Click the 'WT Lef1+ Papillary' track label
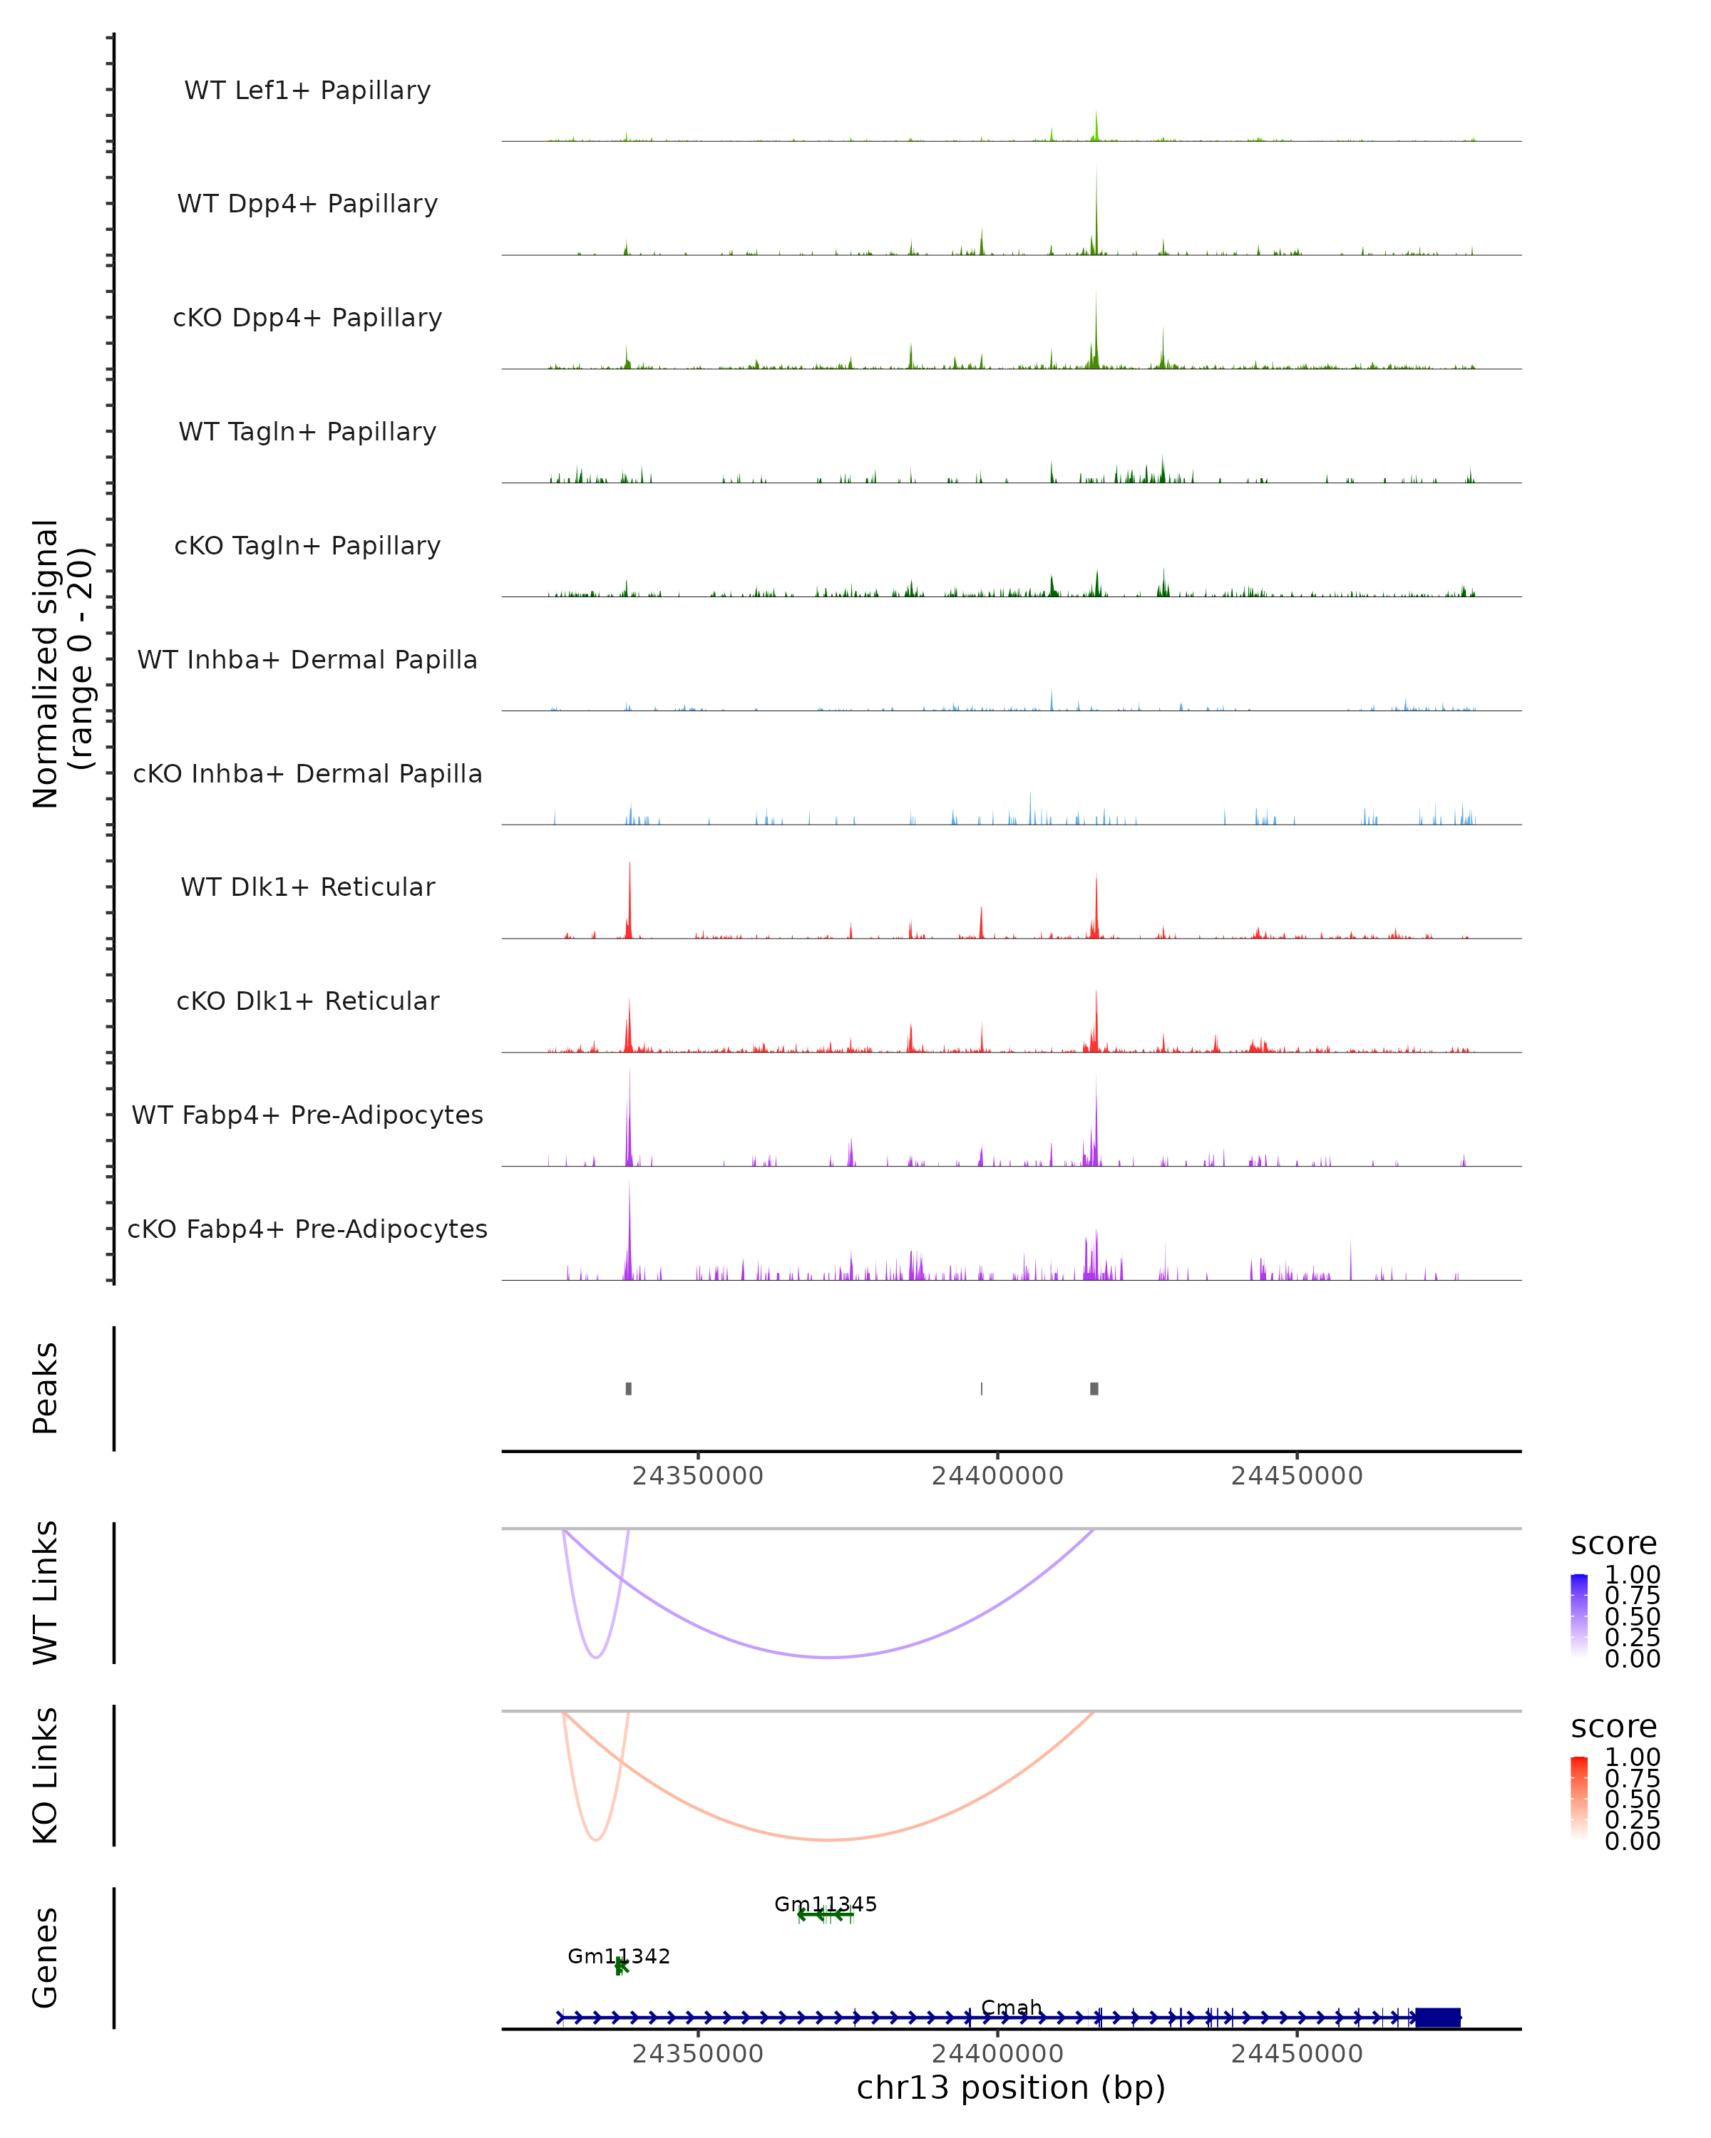point(307,91)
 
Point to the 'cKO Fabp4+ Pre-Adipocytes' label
point(307,1229)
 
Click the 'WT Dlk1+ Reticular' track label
point(307,887)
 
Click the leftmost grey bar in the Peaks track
point(629,1388)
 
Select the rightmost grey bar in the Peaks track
point(1094,1388)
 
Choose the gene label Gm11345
point(826,1904)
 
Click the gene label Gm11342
point(619,1956)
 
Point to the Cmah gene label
point(1012,2007)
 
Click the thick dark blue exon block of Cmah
point(1437,2017)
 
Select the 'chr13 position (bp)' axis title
point(1011,2088)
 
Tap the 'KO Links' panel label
point(46,1775)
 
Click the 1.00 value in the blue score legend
point(1632,1575)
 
